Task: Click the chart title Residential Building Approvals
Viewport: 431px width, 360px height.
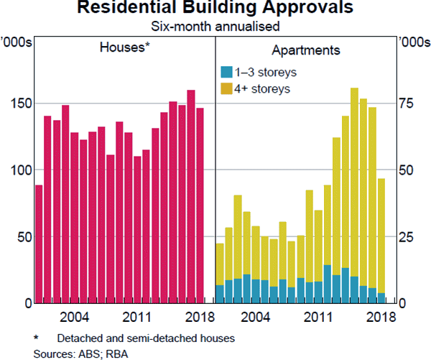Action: click(x=215, y=9)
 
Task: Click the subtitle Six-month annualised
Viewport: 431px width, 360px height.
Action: click(x=215, y=26)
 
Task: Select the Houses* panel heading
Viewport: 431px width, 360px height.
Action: click(x=124, y=50)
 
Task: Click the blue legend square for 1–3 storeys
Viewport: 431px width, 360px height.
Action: click(x=226, y=72)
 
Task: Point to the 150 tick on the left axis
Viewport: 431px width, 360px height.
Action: click(x=18, y=103)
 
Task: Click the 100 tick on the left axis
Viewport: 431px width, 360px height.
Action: click(x=18, y=170)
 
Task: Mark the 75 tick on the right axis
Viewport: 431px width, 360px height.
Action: click(x=406, y=103)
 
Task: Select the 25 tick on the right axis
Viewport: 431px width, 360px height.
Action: click(x=406, y=237)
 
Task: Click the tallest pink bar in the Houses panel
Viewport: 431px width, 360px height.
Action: click(x=191, y=194)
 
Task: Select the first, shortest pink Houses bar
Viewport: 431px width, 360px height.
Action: click(x=39, y=244)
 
